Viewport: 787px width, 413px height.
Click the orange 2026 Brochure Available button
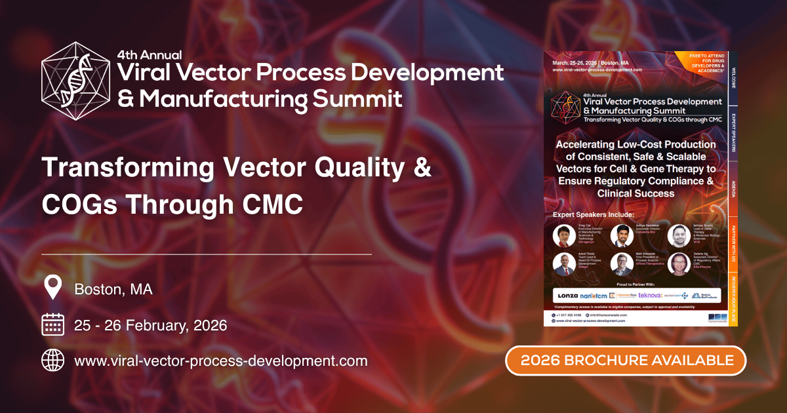click(626, 360)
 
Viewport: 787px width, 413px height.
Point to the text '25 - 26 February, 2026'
click(151, 325)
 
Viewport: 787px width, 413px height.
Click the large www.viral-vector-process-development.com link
click(221, 361)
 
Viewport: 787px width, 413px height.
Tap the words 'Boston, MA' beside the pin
click(113, 289)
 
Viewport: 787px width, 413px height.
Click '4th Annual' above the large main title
click(150, 54)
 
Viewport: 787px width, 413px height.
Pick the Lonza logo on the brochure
click(568, 295)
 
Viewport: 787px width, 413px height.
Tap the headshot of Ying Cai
click(562, 235)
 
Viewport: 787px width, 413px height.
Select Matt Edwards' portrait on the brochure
click(620, 264)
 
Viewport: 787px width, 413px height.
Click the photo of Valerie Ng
click(677, 264)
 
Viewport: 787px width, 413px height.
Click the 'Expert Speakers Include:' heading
click(594, 215)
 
